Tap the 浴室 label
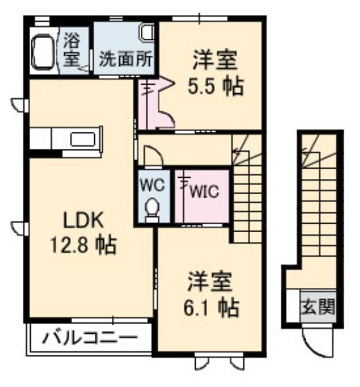point(71,51)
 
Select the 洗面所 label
point(126,59)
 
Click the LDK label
point(83,220)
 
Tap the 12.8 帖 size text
point(83,245)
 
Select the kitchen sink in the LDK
point(83,139)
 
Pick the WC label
point(152,184)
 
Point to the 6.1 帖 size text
point(211,308)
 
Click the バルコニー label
point(90,337)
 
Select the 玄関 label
point(318,307)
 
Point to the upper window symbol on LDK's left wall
point(20,105)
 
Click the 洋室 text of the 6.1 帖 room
point(210,282)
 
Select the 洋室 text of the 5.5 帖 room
point(215,60)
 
